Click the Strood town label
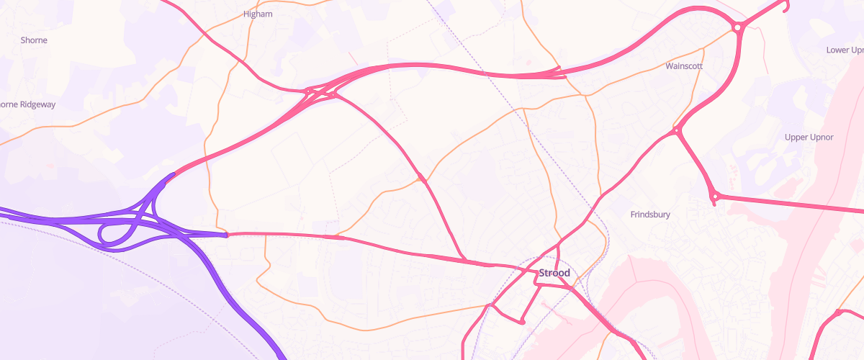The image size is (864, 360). pyautogui.click(x=554, y=273)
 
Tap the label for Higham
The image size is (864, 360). pyautogui.click(x=258, y=14)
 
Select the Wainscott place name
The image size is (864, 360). pyautogui.click(x=684, y=66)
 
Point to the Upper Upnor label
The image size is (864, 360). pyautogui.click(x=809, y=137)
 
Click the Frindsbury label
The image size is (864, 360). pyautogui.click(x=650, y=215)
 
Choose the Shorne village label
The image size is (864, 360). pyautogui.click(x=34, y=40)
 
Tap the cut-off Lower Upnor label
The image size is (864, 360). pyautogui.click(x=844, y=50)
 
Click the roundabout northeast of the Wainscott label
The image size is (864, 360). pyautogui.click(x=737, y=28)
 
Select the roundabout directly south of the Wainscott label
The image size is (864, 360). pyautogui.click(x=678, y=131)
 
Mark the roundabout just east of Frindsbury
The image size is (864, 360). pyautogui.click(x=714, y=195)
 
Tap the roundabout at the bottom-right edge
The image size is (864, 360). pyautogui.click(x=839, y=313)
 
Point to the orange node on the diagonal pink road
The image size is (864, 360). pyautogui.click(x=420, y=178)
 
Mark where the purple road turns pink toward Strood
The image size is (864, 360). pyautogui.click(x=227, y=234)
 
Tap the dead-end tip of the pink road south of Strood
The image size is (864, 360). pyautogui.click(x=523, y=321)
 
